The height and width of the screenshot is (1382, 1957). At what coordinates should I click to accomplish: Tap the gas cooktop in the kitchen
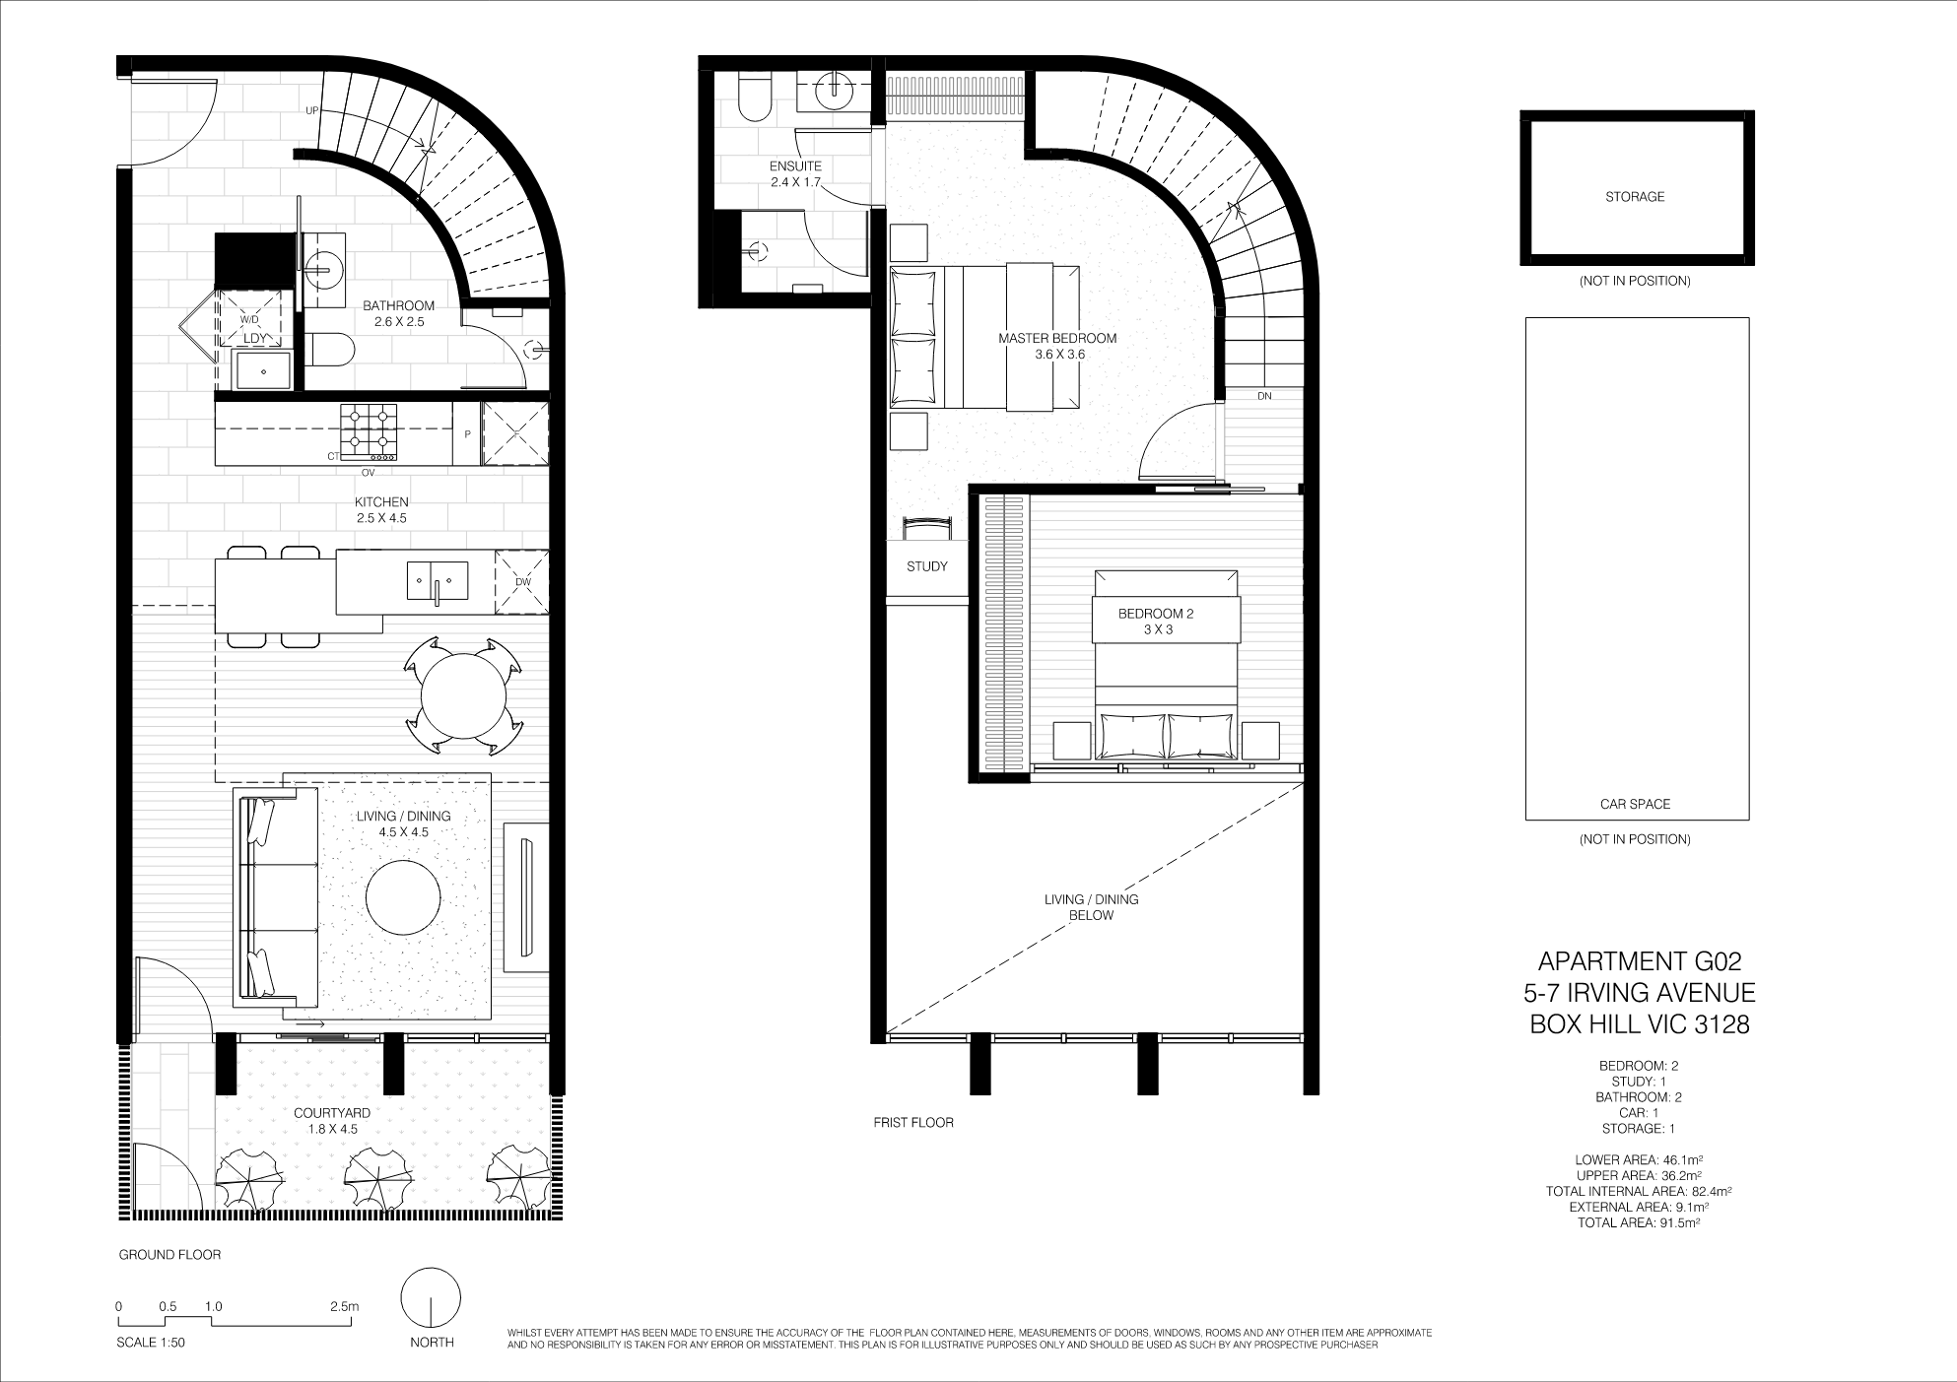click(x=370, y=433)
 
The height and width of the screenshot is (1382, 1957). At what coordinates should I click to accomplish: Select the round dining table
click(x=463, y=695)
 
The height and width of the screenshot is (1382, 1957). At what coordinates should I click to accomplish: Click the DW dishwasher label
click(x=522, y=581)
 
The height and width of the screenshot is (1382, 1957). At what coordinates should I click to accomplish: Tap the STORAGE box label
click(x=1635, y=197)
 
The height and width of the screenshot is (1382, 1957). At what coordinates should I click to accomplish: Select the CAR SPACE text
click(x=1635, y=804)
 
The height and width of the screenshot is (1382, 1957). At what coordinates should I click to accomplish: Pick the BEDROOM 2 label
click(x=1156, y=614)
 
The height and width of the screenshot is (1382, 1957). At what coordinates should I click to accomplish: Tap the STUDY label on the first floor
click(x=927, y=566)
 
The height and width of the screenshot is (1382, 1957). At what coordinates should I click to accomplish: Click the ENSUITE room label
click(x=796, y=166)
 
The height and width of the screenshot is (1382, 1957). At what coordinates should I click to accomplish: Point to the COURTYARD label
click(x=332, y=1113)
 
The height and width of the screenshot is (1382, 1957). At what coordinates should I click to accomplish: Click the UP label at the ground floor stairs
click(x=312, y=110)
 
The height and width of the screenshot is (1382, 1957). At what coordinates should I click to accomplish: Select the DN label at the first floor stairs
click(x=1265, y=396)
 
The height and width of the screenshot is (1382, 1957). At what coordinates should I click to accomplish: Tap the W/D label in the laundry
click(x=250, y=321)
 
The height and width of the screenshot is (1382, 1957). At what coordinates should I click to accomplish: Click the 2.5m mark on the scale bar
click(x=345, y=1306)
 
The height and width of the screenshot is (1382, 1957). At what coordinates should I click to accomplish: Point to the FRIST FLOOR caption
click(x=913, y=1122)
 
